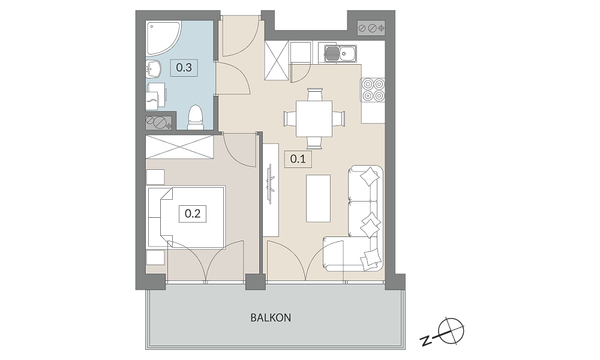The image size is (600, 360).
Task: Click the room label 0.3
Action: [x=184, y=68]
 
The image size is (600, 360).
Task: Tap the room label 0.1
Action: [x=298, y=158]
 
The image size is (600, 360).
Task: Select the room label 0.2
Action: [x=193, y=213]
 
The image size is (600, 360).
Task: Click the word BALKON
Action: [x=271, y=317]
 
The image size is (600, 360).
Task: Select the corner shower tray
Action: [x=163, y=38]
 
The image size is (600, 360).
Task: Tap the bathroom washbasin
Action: [x=154, y=69]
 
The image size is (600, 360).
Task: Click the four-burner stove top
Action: [x=373, y=89]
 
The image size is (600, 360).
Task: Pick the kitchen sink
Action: [x=341, y=53]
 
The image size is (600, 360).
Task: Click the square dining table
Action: [x=314, y=119]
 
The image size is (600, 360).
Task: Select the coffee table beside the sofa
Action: [x=318, y=199]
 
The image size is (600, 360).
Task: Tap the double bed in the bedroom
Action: [x=186, y=217]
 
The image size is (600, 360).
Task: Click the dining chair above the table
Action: [x=314, y=94]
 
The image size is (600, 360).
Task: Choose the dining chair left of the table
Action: [x=290, y=118]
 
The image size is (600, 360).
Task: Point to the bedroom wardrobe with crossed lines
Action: [x=179, y=146]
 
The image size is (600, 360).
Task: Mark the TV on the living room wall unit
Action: [x=271, y=184]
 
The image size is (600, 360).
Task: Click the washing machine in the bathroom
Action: [x=157, y=95]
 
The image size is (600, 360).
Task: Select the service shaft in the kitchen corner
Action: [x=371, y=28]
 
